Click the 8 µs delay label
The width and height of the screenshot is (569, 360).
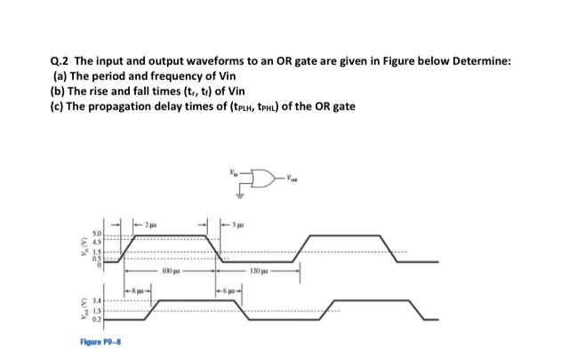click(138, 291)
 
